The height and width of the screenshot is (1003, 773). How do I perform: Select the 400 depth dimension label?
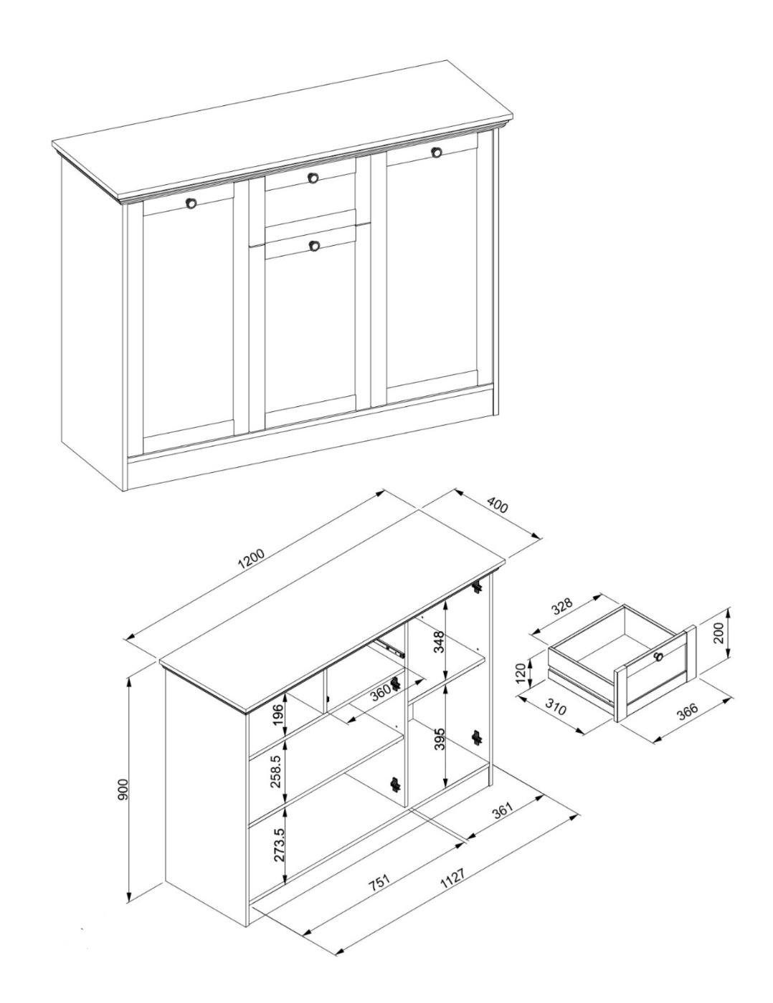[497, 505]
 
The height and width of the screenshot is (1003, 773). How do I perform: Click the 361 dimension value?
[503, 814]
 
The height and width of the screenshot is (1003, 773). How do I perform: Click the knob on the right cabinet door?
[436, 152]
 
